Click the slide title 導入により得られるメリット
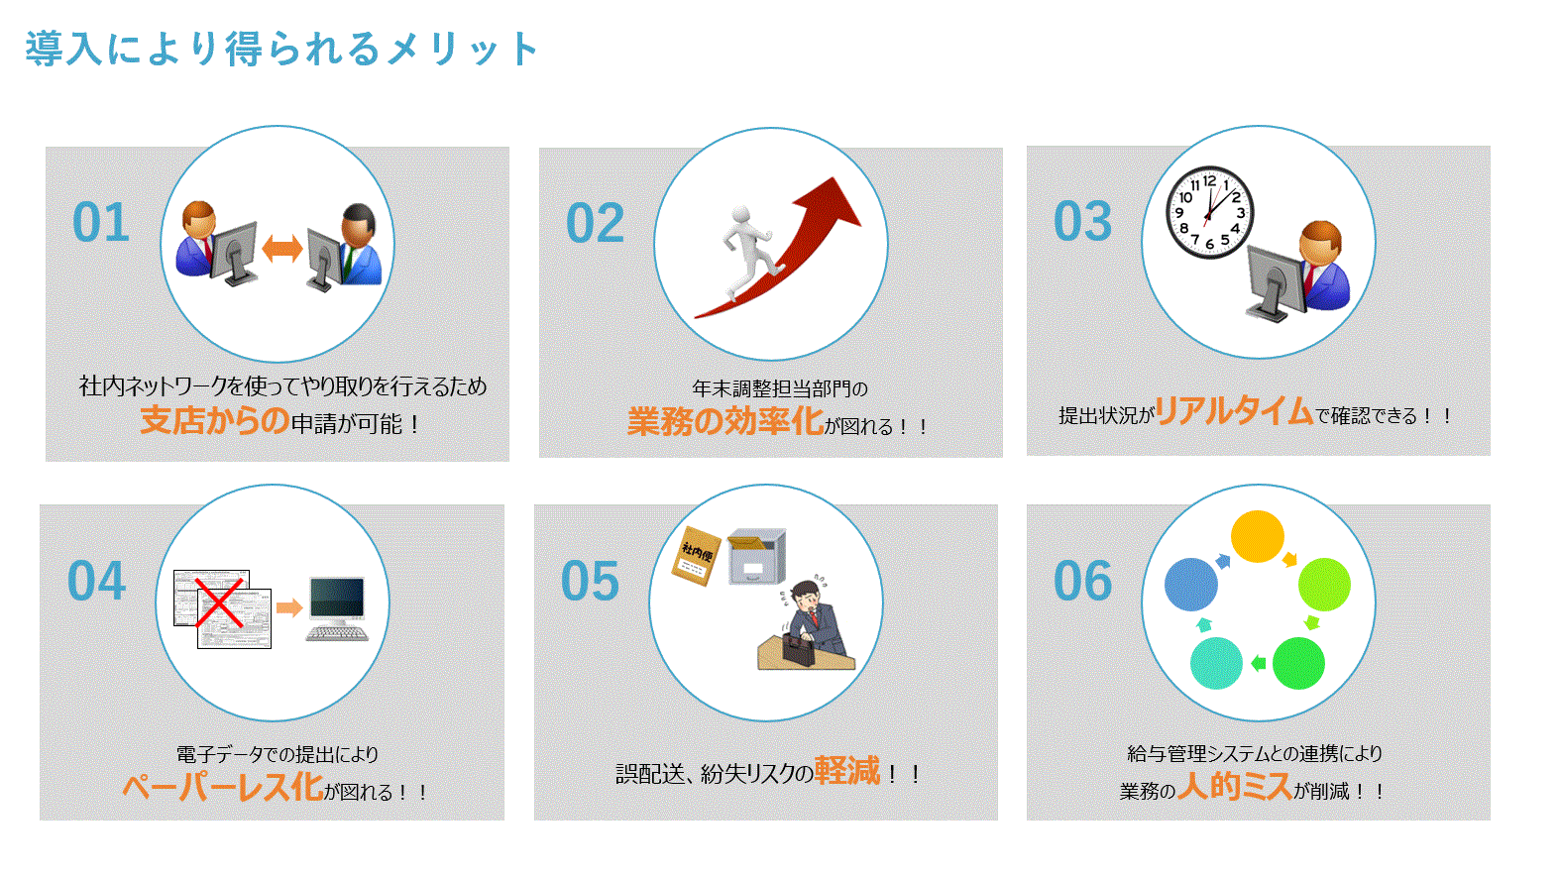coord(281,49)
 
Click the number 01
coord(101,223)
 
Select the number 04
coord(96,581)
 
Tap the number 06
coord(1082,581)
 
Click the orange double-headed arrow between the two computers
coord(281,249)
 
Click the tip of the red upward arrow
coord(834,177)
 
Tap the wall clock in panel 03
coord(1209,212)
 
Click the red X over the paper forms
coord(219,603)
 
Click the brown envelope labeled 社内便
coord(696,556)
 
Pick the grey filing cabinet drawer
coord(756,556)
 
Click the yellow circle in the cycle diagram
coord(1257,536)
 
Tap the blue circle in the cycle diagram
coord(1191,584)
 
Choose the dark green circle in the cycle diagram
coord(1298,663)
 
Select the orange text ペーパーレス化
coord(223,787)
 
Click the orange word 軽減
coord(847,771)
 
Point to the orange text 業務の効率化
coord(725,420)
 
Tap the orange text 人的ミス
coord(1235,786)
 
